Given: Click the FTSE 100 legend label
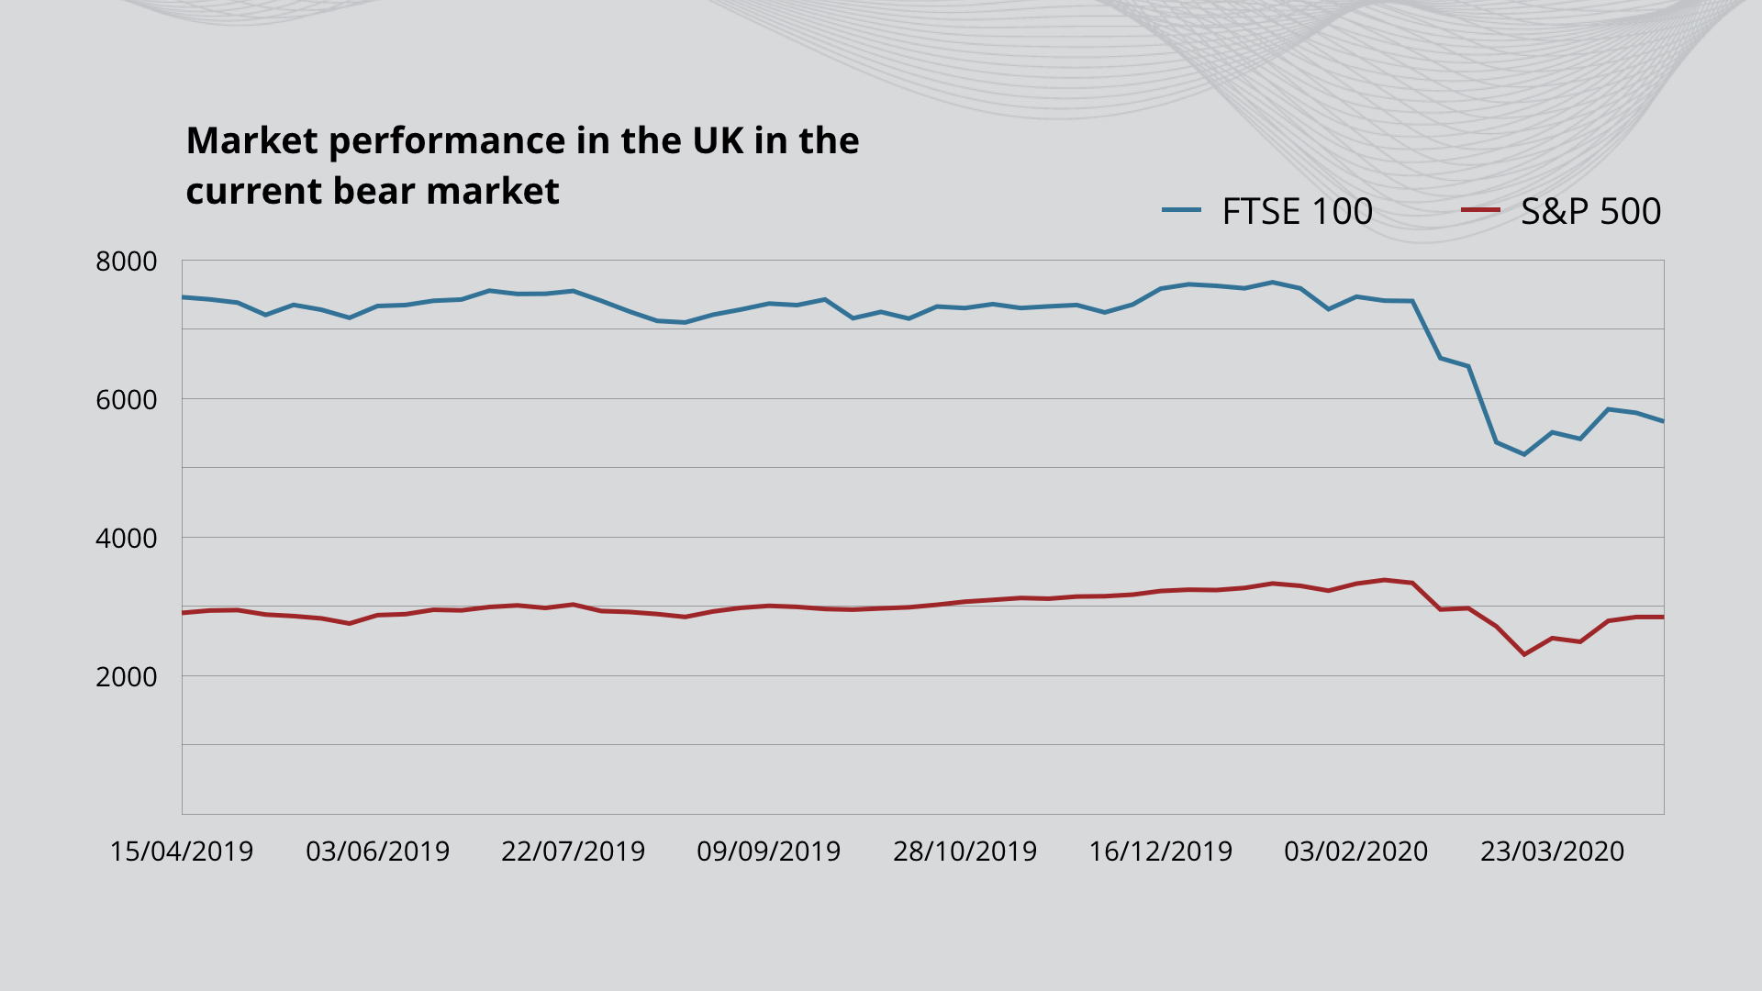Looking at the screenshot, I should pos(1297,212).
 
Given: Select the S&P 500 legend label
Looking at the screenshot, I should pos(1590,212).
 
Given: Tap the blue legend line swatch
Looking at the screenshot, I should pos(1181,210).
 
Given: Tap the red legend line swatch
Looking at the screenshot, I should pos(1480,210).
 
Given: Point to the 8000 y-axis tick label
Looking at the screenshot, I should pos(127,262).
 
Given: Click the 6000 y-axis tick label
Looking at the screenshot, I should pos(127,400).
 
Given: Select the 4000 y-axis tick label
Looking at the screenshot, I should pos(127,539).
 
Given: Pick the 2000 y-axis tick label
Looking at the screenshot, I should pos(127,677).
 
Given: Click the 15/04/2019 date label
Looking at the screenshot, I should pos(182,852).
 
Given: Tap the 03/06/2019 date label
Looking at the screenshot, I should pos(377,852).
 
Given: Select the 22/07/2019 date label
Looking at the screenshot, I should pos(573,852).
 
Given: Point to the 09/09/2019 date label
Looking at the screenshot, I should pos(768,852).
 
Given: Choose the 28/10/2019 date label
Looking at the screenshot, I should pos(965,852).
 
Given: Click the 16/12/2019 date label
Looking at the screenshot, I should pos(1160,852).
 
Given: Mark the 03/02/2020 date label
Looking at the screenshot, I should pos(1355,852).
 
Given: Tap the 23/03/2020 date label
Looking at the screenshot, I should pos(1552,852).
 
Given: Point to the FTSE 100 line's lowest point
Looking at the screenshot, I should pos(1524,454).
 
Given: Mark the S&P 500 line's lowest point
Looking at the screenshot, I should pos(1524,654).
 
